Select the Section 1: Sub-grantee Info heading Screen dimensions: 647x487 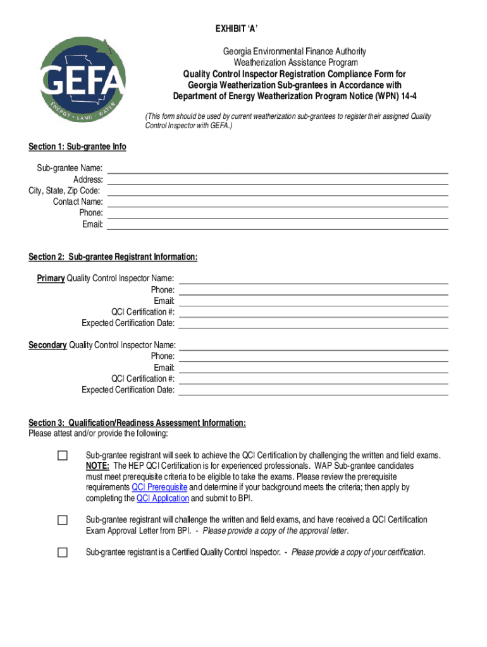point(77,147)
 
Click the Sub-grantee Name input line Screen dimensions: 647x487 point(278,169)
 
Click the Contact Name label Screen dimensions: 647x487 point(78,202)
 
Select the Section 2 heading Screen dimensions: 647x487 point(113,257)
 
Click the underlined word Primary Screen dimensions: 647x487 point(51,279)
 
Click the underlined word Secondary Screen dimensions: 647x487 point(47,345)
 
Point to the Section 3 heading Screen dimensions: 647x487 point(137,423)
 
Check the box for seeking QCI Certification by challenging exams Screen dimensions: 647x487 point(62,456)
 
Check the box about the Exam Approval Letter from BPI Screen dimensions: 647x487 point(62,520)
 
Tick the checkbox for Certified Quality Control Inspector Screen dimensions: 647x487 point(62,553)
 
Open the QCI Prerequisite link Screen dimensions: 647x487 point(159,488)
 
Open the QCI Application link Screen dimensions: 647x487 point(163,499)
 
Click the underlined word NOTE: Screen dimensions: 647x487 point(97,466)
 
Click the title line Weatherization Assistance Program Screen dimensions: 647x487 point(295,63)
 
